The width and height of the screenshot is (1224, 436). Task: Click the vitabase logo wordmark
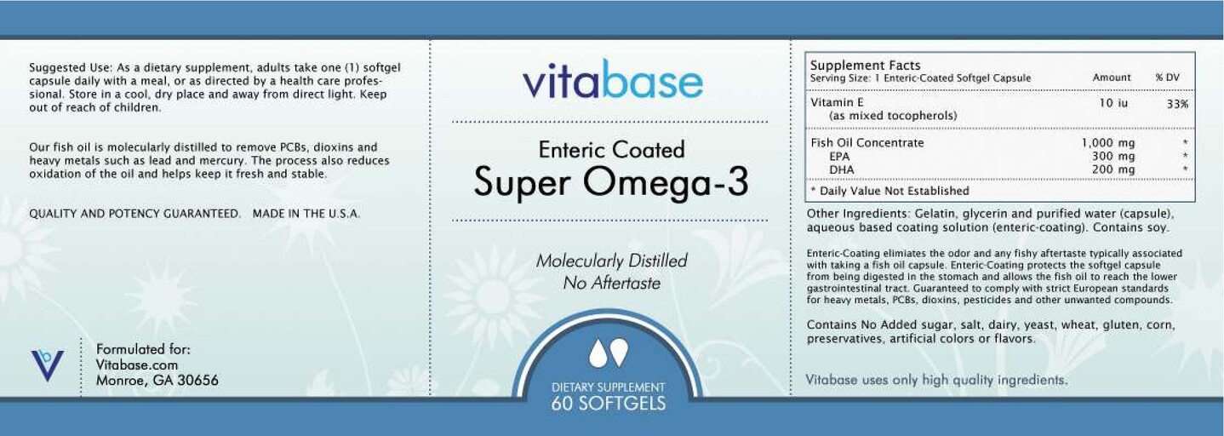point(612,82)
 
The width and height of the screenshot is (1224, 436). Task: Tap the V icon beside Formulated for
point(47,364)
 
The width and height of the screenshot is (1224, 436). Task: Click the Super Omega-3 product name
point(610,181)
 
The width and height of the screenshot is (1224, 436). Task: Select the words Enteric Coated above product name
point(611,150)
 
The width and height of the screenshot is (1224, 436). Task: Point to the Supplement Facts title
point(865,65)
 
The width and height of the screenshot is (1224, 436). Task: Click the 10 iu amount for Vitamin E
point(1113,102)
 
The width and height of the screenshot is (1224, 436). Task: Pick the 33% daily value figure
point(1177,103)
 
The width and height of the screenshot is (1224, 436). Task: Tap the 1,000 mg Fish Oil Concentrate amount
point(1107,143)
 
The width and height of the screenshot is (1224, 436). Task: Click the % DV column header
point(1167,77)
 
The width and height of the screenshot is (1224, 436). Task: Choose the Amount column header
point(1112,77)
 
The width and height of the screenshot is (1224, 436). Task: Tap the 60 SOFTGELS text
point(608,404)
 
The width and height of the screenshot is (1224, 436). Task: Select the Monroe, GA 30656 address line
point(157,381)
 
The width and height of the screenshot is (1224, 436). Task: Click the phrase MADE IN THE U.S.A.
point(306,214)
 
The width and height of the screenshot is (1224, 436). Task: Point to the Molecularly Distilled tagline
point(611,261)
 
